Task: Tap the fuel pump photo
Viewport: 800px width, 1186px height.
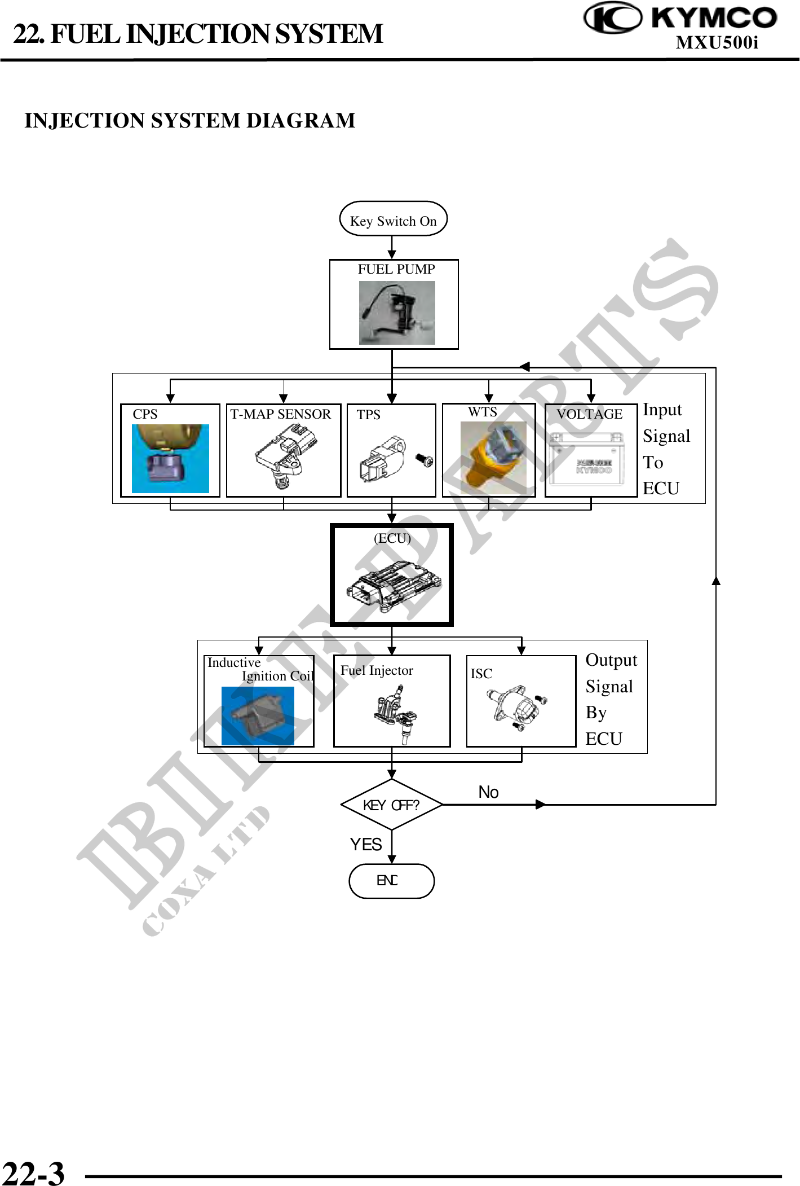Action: pyautogui.click(x=397, y=313)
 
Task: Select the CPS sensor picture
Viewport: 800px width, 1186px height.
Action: pyautogui.click(x=170, y=458)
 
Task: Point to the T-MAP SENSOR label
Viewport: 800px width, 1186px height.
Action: pyautogui.click(x=280, y=414)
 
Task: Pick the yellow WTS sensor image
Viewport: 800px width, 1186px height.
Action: pyautogui.click(x=493, y=458)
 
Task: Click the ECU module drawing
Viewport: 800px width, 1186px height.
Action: pyautogui.click(x=392, y=587)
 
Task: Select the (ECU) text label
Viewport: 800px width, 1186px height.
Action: pyautogui.click(x=392, y=538)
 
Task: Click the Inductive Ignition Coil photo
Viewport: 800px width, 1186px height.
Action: pyautogui.click(x=258, y=715)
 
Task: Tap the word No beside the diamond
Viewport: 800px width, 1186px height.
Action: pyautogui.click(x=488, y=792)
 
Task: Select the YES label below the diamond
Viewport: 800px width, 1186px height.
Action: pyautogui.click(x=366, y=844)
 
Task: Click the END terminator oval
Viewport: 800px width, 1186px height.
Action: pyautogui.click(x=391, y=881)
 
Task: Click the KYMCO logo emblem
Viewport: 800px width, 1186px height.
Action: pyautogui.click(x=612, y=17)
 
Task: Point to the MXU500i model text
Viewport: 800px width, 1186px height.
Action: pyautogui.click(x=717, y=43)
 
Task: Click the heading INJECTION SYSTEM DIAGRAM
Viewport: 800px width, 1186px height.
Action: pyautogui.click(x=190, y=121)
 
